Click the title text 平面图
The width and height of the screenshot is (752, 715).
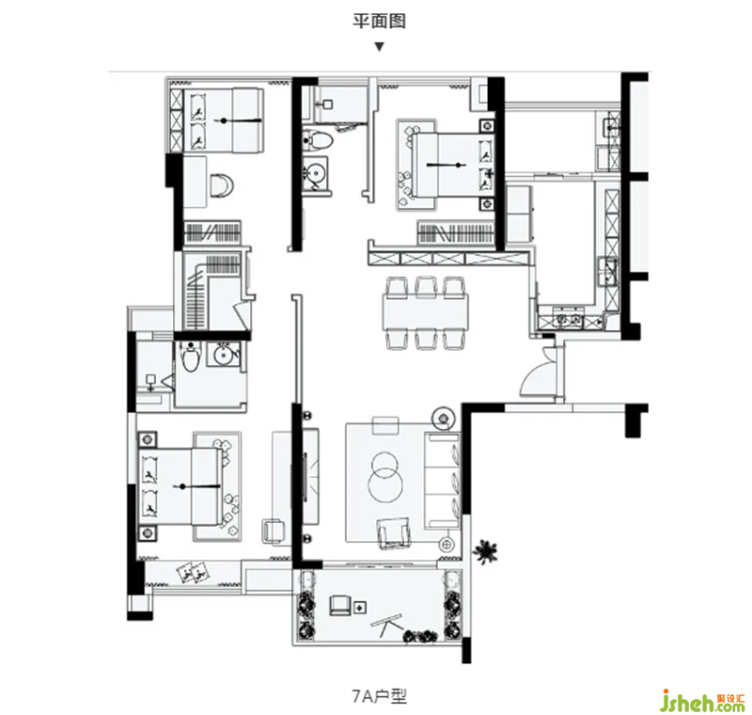(380, 21)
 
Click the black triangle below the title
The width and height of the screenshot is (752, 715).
(380, 47)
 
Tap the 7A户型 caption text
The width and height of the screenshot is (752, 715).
(379, 696)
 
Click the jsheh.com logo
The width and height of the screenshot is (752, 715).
(702, 701)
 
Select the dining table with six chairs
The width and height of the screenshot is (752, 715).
(426, 312)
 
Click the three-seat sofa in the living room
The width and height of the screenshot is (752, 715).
(442, 481)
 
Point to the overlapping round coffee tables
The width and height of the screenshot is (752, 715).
(385, 476)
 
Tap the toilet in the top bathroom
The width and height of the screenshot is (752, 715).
(318, 140)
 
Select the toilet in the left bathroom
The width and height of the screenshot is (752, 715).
(191, 357)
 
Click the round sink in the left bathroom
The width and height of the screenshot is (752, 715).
(223, 356)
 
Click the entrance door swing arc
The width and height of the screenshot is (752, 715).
(533, 376)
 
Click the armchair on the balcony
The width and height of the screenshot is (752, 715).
(340, 605)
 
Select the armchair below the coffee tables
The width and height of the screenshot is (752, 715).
(394, 532)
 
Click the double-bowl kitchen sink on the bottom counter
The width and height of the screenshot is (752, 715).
(568, 320)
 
